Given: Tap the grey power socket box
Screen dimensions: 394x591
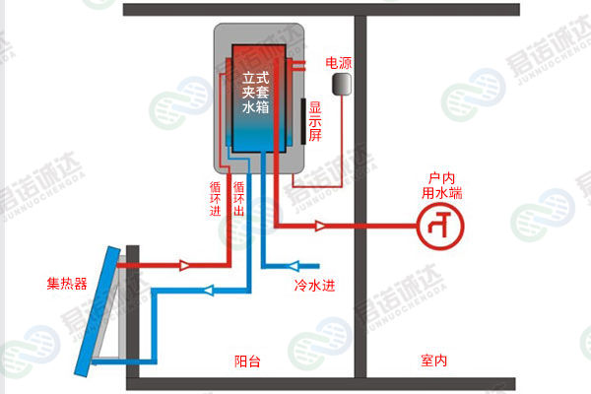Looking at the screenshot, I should pyautogui.click(x=342, y=86).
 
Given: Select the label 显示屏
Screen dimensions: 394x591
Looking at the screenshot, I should pyautogui.click(x=315, y=121).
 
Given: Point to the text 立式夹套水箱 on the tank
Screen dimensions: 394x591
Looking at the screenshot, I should pyautogui.click(x=257, y=89).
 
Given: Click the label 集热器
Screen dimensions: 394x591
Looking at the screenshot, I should pyautogui.click(x=66, y=284).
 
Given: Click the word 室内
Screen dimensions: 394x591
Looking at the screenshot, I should pyautogui.click(x=433, y=361).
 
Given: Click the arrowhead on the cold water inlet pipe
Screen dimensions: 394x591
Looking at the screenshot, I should pyautogui.click(x=292, y=265).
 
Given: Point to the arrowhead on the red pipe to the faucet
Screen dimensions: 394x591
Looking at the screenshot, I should pyautogui.click(x=320, y=226).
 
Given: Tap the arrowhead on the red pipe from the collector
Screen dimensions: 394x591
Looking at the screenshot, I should pyautogui.click(x=184, y=265).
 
